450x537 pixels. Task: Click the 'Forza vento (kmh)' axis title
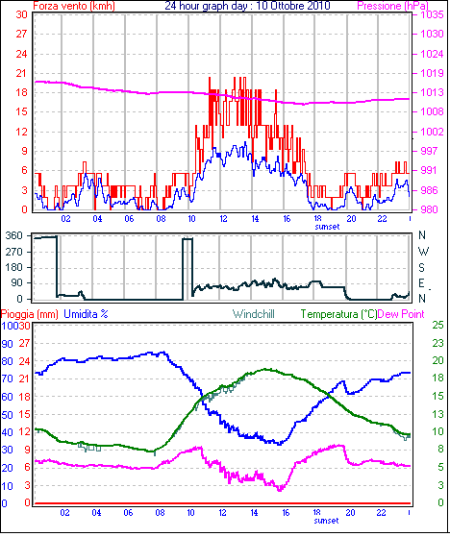(74, 6)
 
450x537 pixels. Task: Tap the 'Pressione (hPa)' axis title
(392, 6)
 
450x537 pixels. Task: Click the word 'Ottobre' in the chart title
(281, 6)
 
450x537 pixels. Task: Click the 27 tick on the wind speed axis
(21, 34)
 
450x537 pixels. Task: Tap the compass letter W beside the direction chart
(424, 252)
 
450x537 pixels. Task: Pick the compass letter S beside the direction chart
(422, 267)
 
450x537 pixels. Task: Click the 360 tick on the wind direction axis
(14, 235)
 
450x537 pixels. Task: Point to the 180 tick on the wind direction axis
(14, 267)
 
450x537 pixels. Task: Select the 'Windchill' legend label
(254, 314)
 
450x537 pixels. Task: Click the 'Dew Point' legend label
(401, 314)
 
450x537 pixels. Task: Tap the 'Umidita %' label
(86, 314)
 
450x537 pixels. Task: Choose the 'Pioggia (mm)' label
(30, 314)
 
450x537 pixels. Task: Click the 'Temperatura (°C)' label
(338, 314)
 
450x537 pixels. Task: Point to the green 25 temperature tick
(438, 325)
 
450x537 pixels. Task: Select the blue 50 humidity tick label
(7, 415)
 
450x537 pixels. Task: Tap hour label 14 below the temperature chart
(254, 513)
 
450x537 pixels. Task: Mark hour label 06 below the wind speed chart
(129, 218)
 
